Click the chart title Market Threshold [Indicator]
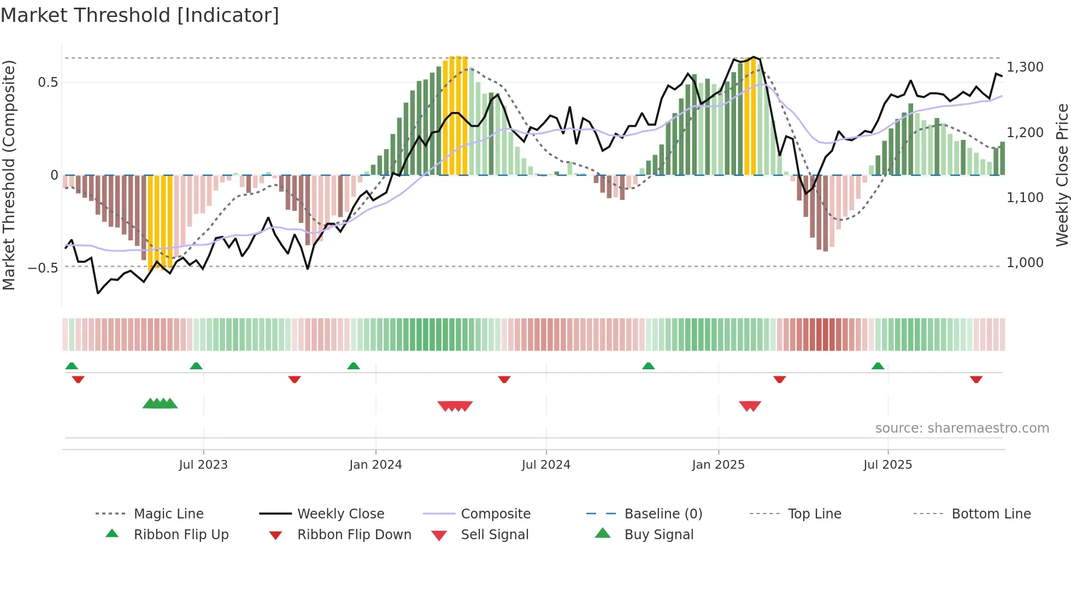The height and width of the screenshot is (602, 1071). [x=140, y=15]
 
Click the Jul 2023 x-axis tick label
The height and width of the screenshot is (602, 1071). [x=203, y=464]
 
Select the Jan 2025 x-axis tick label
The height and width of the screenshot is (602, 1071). [x=718, y=464]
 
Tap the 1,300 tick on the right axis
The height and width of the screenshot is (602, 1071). [x=1025, y=67]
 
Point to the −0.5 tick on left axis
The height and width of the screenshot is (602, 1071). [x=43, y=268]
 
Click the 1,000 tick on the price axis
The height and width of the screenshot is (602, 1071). [x=1025, y=262]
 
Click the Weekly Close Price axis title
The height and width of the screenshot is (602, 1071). [x=1062, y=175]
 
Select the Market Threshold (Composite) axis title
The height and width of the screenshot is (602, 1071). [x=9, y=175]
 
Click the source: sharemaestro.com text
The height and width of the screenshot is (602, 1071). [x=962, y=428]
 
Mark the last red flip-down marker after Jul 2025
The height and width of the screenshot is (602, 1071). [x=976, y=379]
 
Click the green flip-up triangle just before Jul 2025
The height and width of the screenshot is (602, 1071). [x=878, y=366]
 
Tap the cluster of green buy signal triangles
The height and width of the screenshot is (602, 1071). [x=160, y=404]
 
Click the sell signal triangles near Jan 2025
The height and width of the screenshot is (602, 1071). [x=750, y=406]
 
